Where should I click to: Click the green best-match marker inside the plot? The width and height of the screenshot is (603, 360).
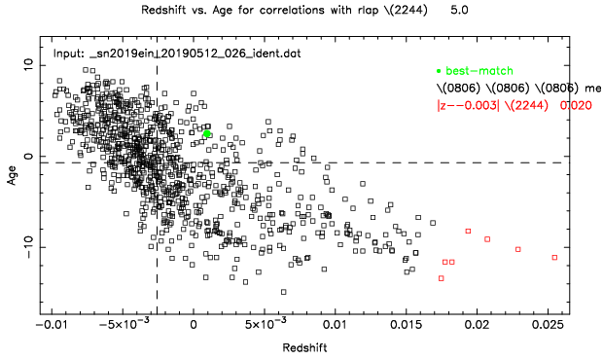pyautogui.click(x=207, y=133)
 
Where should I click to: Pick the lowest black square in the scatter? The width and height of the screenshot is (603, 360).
pyautogui.click(x=284, y=291)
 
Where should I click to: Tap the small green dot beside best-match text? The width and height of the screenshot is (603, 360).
pyautogui.click(x=439, y=72)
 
